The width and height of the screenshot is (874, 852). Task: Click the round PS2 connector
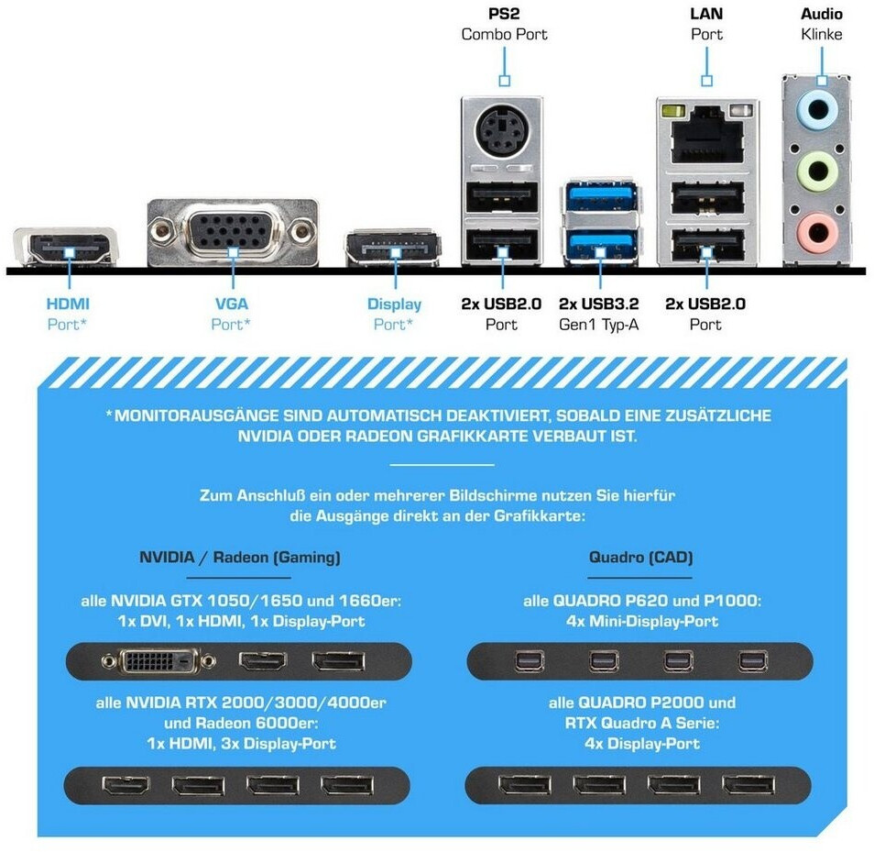pos(502,132)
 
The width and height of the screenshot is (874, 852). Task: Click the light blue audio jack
pos(817,109)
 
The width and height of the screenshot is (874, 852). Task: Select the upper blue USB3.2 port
pos(601,197)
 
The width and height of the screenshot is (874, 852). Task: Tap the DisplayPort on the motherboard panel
pos(394,248)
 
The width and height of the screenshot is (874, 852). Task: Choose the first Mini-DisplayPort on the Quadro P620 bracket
pos(530,661)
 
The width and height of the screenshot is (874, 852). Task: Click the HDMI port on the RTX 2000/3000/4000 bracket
pos(126,786)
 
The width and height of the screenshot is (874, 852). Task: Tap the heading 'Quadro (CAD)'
pos(640,558)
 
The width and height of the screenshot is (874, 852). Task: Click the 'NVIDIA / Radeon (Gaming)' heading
pos(240,558)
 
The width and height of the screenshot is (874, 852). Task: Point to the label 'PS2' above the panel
pos(504,14)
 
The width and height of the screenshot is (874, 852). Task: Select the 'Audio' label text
pos(822,14)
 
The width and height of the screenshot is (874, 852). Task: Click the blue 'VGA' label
pos(232,304)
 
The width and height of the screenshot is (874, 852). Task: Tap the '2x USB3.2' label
pos(599,304)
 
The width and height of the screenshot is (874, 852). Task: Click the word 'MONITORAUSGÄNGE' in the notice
pos(197,415)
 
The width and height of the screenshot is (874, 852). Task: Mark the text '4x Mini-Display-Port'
pos(642,621)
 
